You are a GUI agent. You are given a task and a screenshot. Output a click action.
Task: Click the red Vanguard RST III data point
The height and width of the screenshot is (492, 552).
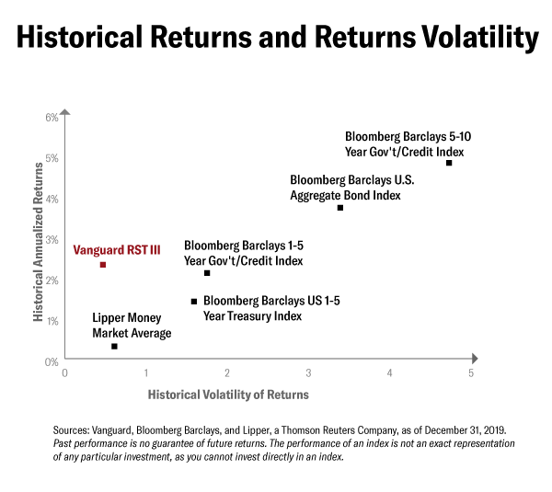click(103, 265)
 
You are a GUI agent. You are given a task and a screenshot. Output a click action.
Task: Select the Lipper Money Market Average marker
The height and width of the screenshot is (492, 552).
click(114, 347)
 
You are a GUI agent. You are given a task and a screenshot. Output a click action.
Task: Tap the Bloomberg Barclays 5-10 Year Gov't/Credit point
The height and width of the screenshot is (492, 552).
click(449, 163)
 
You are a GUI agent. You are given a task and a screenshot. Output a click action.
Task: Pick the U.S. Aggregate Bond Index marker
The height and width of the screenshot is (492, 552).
click(340, 208)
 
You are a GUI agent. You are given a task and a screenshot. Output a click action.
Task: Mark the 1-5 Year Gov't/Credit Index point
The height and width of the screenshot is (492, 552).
click(207, 273)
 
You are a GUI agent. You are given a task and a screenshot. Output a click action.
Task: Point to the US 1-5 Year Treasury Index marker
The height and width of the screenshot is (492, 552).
click(194, 302)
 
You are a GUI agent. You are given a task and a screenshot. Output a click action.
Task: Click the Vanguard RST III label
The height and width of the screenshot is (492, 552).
click(111, 248)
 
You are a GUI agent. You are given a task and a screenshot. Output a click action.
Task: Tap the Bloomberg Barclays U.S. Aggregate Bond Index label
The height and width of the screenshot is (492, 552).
click(346, 188)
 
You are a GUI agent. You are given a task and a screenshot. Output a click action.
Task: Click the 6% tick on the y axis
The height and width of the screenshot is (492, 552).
click(52, 118)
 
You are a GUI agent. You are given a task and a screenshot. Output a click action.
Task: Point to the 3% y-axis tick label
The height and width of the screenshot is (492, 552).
click(52, 240)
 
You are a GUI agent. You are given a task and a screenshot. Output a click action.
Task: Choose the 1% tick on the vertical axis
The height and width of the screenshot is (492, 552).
click(52, 321)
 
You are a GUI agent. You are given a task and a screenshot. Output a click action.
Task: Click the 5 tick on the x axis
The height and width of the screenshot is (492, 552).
click(471, 373)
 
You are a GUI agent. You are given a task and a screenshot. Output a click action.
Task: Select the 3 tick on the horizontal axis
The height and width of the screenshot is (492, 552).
click(309, 373)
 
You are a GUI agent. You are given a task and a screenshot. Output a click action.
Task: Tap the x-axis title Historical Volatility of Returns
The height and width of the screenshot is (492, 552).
click(228, 395)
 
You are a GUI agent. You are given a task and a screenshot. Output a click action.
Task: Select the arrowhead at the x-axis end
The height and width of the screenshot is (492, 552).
click(475, 361)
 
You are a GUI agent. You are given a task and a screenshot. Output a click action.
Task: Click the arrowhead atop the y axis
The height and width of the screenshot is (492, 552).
click(64, 112)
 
